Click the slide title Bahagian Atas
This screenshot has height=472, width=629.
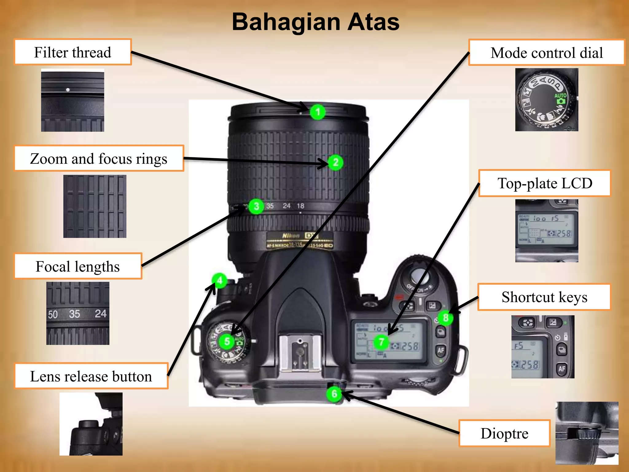point(315,22)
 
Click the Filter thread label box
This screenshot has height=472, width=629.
point(73,52)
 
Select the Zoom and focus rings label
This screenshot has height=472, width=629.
point(99,159)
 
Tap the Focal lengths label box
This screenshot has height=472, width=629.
point(78,266)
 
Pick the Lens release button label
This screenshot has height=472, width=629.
point(91,376)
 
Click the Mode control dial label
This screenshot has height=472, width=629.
point(547,53)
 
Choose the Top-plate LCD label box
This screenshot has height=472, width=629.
point(545,183)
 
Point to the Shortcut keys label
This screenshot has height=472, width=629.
point(544,297)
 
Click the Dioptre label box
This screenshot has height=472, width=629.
point(505,434)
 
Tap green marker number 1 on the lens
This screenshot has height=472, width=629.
point(318,112)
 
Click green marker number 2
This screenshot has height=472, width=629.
point(335,162)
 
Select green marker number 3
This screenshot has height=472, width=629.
point(256,206)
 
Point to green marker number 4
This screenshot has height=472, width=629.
point(219,280)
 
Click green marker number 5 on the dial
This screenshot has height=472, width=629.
point(227,341)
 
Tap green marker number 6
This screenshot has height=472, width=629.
point(334,394)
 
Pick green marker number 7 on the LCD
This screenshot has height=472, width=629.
point(381,342)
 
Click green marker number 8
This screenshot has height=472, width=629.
point(445,318)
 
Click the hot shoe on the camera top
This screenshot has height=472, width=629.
point(300,353)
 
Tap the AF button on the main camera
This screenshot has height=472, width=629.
point(441,350)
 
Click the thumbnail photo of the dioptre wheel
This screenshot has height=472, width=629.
point(587,433)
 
